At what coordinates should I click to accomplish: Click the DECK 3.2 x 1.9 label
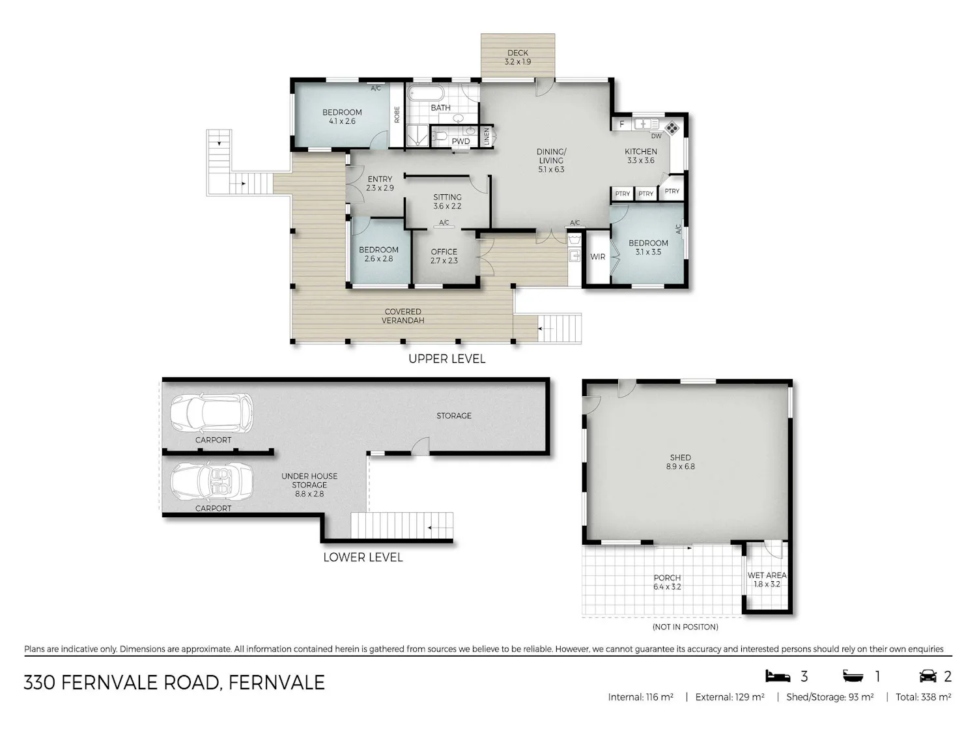tap(517, 57)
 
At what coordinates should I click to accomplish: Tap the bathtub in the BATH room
tap(426, 94)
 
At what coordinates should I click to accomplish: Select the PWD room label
tap(460, 141)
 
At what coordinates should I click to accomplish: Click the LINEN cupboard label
tap(487, 136)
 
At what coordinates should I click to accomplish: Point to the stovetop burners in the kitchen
tap(672, 128)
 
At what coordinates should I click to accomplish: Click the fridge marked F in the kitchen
tap(622, 124)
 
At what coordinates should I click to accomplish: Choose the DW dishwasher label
tap(656, 136)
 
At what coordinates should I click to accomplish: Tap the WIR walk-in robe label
tap(598, 257)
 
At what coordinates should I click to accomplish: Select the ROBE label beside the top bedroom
tap(397, 115)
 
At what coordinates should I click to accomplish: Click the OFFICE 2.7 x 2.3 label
tap(444, 256)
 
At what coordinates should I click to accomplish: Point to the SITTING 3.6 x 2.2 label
tap(447, 201)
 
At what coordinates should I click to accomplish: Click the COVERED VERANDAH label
tap(403, 316)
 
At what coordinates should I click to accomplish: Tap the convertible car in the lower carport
tap(212, 483)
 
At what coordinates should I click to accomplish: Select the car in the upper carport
tap(212, 413)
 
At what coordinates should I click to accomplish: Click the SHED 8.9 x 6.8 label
tap(680, 462)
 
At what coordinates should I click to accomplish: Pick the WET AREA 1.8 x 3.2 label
tap(767, 580)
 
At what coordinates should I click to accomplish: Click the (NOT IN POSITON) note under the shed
tap(685, 627)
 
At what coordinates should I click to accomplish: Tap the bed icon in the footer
tap(778, 676)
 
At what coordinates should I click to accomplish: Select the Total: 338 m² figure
tap(923, 697)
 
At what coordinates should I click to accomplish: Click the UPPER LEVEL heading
tap(447, 359)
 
